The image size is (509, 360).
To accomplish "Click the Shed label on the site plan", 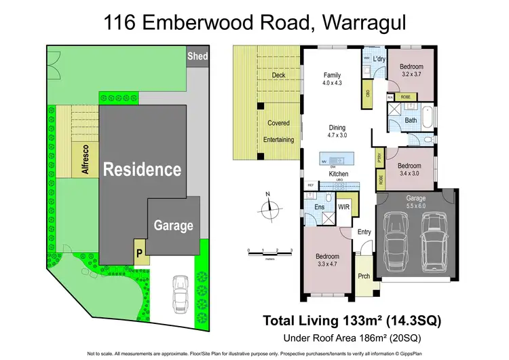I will click(197, 56).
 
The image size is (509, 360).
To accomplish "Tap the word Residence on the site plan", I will click(142, 169).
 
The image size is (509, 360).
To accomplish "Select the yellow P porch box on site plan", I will click(138, 252).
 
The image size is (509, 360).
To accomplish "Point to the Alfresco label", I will click(86, 160).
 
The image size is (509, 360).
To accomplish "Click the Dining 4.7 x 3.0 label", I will click(337, 132).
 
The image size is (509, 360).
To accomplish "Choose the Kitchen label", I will click(339, 174).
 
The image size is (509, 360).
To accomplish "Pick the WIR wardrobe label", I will click(343, 207).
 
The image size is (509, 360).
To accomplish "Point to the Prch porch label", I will click(364, 276).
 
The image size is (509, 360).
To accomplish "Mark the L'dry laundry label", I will click(379, 60).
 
